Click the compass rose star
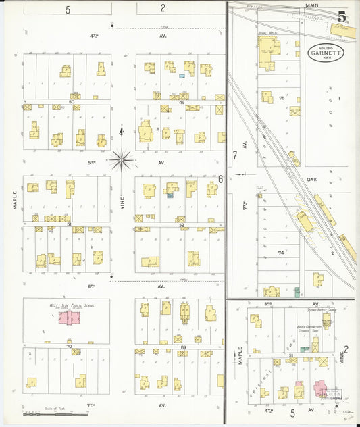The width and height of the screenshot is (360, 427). coord(122,159)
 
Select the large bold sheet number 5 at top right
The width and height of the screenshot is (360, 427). coord(343,17)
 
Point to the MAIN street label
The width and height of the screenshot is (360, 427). coord(311,5)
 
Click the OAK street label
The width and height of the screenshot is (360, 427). coord(311,179)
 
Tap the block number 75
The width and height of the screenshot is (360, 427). coord(282,98)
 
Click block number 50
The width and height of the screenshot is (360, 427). coord(72,101)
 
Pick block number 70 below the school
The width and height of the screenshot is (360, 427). coord(69,346)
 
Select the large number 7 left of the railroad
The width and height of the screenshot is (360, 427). coord(235,155)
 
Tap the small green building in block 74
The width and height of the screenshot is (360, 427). coord(297,293)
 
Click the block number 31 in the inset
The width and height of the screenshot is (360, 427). coord(291,355)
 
